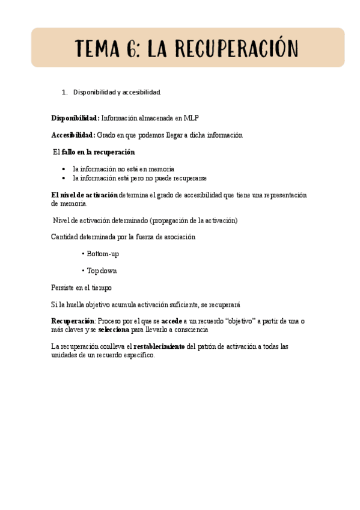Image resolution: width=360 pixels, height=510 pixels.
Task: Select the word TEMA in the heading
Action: coord(99,48)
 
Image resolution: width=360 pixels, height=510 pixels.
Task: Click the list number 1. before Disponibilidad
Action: coord(65,93)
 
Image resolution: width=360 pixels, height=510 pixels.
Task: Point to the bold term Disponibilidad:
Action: coord(75,118)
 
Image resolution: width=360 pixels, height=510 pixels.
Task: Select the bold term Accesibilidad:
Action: coord(73,135)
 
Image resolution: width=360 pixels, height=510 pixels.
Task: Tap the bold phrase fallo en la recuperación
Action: coord(98,152)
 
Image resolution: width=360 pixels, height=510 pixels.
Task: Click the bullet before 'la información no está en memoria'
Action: coord(65,170)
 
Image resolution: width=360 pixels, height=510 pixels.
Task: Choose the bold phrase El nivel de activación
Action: coord(84,195)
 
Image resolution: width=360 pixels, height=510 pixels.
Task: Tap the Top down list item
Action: coord(102,271)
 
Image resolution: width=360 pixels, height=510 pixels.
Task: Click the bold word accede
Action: coord(172,322)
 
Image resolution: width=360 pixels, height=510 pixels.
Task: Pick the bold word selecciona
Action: coord(113,330)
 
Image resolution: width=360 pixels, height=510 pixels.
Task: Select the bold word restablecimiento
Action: coord(159,347)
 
